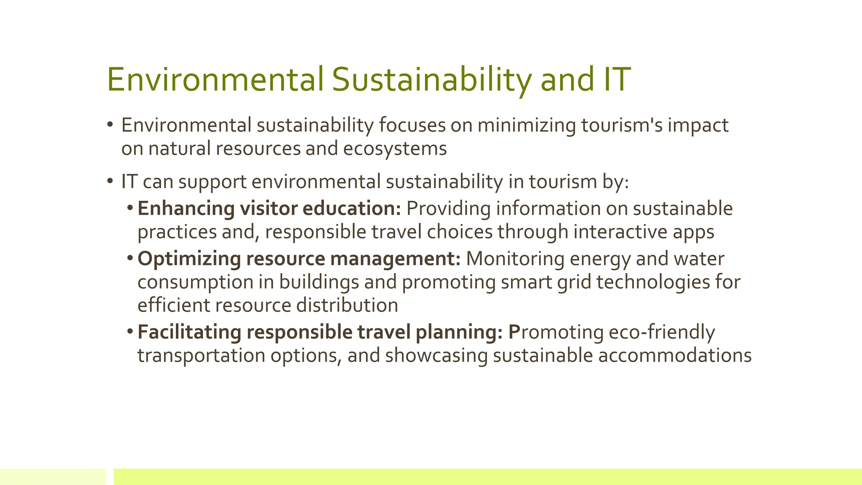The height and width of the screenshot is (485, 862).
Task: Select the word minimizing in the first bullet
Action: [x=526, y=125]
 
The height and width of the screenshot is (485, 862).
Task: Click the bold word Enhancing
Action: [x=186, y=209]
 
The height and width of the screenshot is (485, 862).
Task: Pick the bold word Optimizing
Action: [x=189, y=259]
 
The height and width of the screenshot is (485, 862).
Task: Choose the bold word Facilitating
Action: [x=189, y=332]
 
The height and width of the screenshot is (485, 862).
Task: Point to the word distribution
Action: [x=347, y=305]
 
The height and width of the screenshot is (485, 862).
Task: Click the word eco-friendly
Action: [x=662, y=332]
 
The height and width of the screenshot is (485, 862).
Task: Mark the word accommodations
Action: [x=675, y=355]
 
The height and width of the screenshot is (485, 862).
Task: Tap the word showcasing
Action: [x=436, y=355]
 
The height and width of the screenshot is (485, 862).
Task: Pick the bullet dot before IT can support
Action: [x=110, y=181]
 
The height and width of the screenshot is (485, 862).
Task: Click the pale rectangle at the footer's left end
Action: [x=53, y=477]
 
